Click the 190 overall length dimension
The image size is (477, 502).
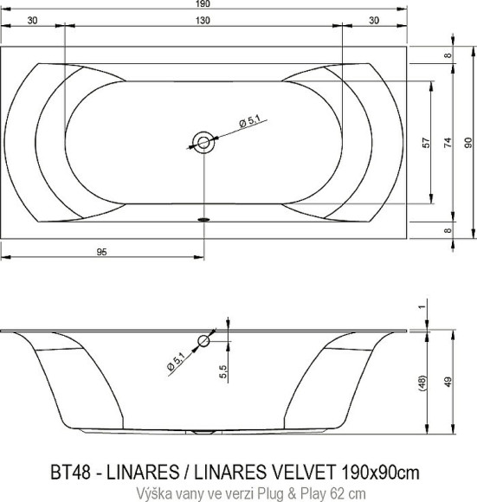tap(203, 4)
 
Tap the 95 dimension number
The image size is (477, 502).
tap(102, 252)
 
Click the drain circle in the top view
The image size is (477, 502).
tap(203, 143)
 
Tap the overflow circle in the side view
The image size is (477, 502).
tap(203, 342)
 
